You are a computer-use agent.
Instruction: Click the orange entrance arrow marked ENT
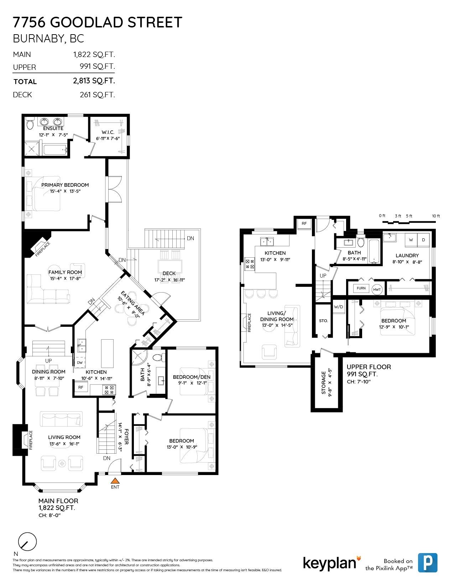pos(115,481)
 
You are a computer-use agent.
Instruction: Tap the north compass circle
pos(27,542)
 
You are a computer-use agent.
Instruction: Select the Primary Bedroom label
pos(65,185)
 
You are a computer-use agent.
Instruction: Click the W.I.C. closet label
pos(108,132)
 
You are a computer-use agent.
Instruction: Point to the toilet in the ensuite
pos(30,123)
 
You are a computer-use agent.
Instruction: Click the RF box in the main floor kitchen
pos(81,387)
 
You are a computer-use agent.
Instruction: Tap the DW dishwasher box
pos(80,362)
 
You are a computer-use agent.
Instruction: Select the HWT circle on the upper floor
pos(377,289)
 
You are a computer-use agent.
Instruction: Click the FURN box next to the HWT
pos(361,288)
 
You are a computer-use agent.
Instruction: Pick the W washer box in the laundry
pos(411,240)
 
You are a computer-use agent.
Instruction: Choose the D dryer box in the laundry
pos(423,240)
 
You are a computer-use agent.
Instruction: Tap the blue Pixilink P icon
pos(428,563)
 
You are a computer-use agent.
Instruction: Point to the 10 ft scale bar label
pos(436,216)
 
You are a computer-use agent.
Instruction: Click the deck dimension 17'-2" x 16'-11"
pos(169,280)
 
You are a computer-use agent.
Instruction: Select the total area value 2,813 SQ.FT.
pos(94,81)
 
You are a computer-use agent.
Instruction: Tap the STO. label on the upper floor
pos(323,321)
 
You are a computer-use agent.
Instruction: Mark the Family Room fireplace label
pos(43,249)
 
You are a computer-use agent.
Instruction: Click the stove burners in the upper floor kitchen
pos(249,264)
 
